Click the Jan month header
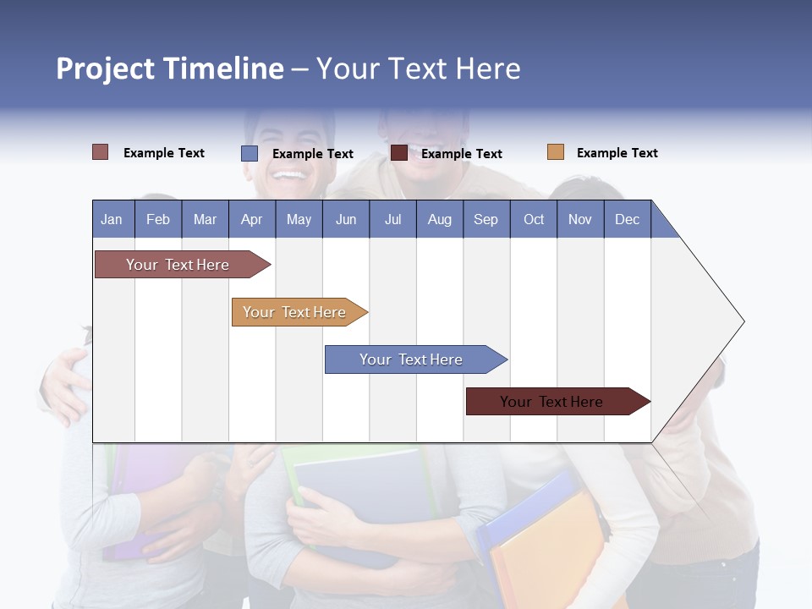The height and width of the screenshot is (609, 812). coord(112,219)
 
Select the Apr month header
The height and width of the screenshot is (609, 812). coord(251,219)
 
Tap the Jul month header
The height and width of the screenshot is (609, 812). coord(392,219)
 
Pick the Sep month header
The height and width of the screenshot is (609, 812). coord(486,219)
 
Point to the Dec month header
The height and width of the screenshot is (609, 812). coord(627,219)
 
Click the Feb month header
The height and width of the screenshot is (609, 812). coord(158,219)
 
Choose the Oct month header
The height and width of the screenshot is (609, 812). coord(534,219)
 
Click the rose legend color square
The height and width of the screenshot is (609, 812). coord(100,152)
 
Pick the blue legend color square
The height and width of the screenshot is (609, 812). coord(249,153)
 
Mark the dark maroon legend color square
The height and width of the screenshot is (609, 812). coord(398,153)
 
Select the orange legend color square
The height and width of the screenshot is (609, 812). coord(555,152)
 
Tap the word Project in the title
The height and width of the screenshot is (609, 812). coord(106,69)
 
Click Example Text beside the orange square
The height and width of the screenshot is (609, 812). coord(617,153)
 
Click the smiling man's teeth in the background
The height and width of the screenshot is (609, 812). coord(289,175)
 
